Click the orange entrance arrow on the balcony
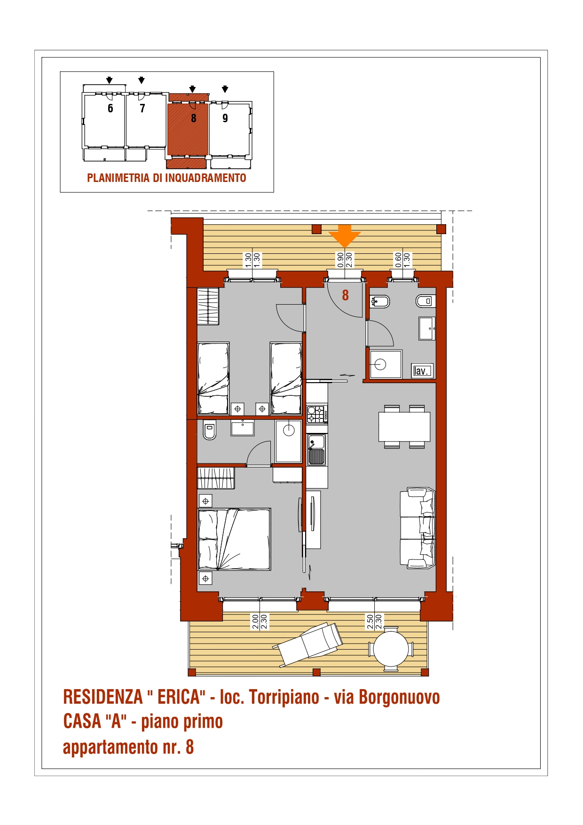click(x=345, y=236)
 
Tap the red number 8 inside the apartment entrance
click(x=346, y=295)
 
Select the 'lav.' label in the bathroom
click(x=421, y=371)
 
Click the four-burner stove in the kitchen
click(x=317, y=414)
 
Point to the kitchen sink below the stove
click(x=316, y=449)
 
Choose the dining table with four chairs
click(x=404, y=426)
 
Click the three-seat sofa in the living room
click(x=418, y=528)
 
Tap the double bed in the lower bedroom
click(x=234, y=539)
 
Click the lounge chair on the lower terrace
click(x=308, y=644)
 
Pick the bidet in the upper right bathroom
click(x=380, y=301)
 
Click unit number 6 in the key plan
click(x=110, y=109)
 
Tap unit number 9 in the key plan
click(x=225, y=118)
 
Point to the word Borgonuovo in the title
click(x=399, y=697)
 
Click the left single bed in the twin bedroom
click(x=213, y=378)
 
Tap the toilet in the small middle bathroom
click(x=210, y=430)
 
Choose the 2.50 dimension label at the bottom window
click(x=370, y=622)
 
